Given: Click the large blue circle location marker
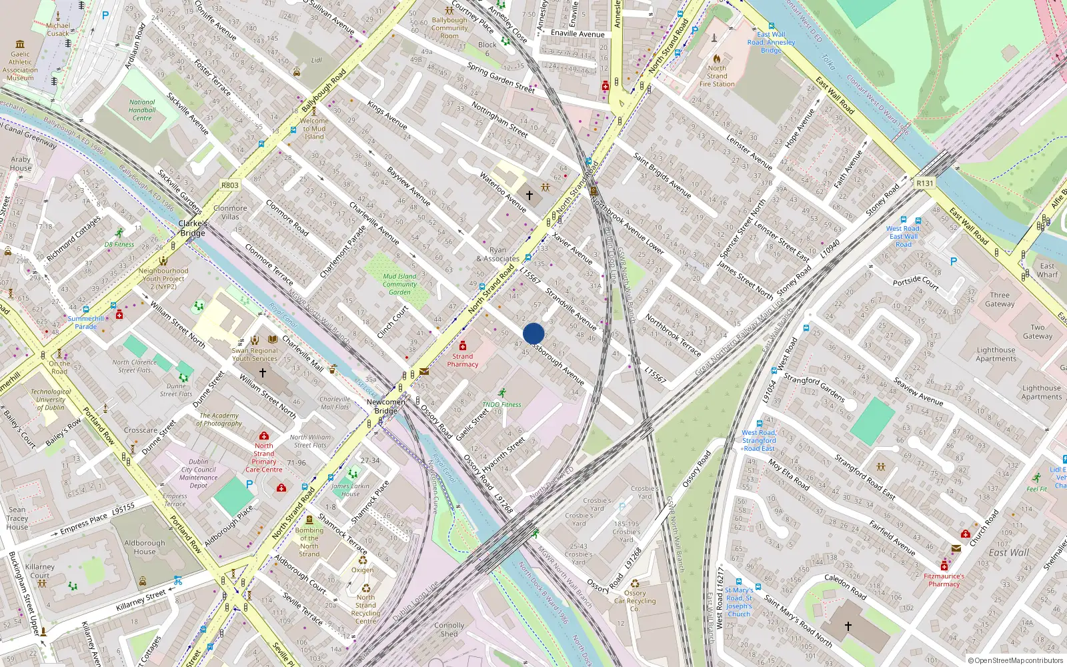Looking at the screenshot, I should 533,333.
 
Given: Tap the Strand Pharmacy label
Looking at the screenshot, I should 463,360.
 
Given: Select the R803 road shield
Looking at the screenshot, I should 229,185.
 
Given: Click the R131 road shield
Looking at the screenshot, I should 925,183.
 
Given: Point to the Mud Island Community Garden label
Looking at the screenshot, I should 399,284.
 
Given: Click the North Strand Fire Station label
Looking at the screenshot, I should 717,76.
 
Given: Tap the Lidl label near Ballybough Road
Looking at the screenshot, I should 317,60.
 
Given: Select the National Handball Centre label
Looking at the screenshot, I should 142,111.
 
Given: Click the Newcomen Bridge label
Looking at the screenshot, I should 386,406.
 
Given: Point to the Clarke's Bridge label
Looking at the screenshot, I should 192,228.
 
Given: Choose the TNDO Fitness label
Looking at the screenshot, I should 501,404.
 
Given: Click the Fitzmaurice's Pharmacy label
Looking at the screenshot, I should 944,580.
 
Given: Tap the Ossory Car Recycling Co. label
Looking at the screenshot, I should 635,600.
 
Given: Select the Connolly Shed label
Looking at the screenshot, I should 449,630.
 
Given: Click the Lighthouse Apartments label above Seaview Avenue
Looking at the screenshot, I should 996,354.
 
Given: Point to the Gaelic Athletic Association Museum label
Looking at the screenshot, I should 20,66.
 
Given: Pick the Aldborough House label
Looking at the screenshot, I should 144,547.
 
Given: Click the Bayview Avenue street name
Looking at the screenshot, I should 409,185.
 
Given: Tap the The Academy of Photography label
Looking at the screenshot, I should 219,420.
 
